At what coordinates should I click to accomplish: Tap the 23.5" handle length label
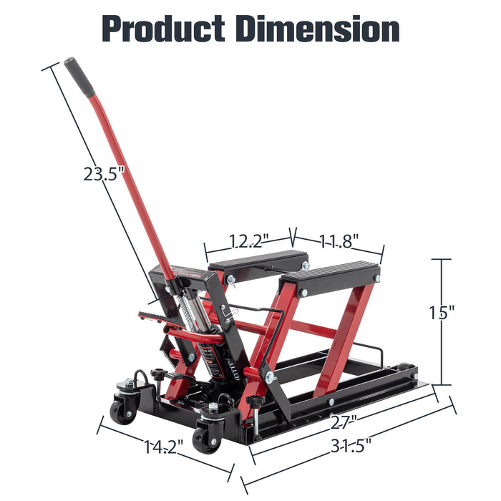click(x=102, y=174)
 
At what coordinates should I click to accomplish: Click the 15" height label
click(x=442, y=313)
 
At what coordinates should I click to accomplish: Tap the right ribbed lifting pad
click(x=331, y=277)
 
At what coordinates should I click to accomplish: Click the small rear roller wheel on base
click(x=409, y=370)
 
